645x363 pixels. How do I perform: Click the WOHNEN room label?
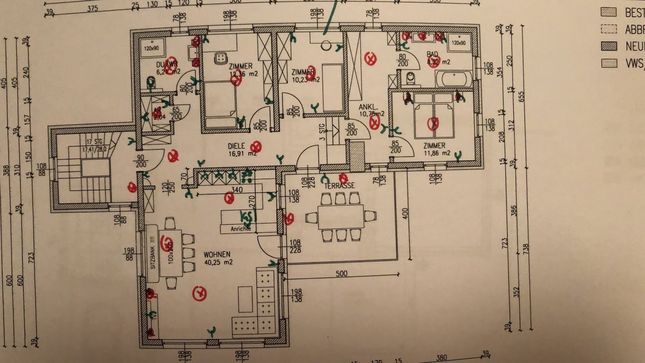pos(217,255)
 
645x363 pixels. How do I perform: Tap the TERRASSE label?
pos(339,186)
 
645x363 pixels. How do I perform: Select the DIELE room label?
pos(237,146)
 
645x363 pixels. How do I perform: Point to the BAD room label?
pos(432,54)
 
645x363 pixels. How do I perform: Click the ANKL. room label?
pos(368,107)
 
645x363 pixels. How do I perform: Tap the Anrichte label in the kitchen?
pos(241,229)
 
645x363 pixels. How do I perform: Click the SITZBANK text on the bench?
pos(153,258)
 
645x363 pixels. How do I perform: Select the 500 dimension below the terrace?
pos(341,273)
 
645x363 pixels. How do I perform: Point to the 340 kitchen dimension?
pos(237,190)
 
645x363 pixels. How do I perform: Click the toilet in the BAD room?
pos(411,78)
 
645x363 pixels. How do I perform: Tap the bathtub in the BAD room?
pos(454,79)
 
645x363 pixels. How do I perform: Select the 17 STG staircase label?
pos(95,142)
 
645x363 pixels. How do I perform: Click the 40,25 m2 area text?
pos(218,262)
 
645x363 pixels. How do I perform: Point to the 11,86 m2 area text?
pos(437,153)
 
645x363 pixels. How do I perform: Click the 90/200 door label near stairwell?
pos(141,161)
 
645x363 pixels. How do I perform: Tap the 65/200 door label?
pos(176,113)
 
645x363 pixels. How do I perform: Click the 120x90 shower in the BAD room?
pos(459,43)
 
